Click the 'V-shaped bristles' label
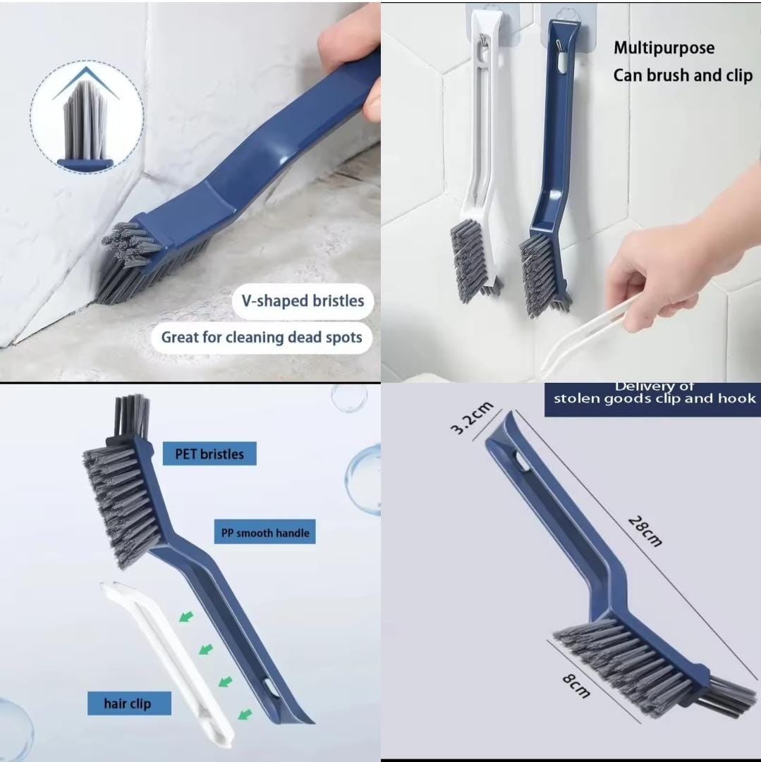(303, 301)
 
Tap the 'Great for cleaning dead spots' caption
(262, 337)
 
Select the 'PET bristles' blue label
(209, 454)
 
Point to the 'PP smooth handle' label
(265, 532)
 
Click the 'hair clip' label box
(129, 703)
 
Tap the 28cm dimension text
(645, 531)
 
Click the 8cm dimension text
(577, 685)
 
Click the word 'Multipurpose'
(664, 48)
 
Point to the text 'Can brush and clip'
(683, 75)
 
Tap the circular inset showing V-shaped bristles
(87, 116)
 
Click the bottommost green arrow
(245, 714)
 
